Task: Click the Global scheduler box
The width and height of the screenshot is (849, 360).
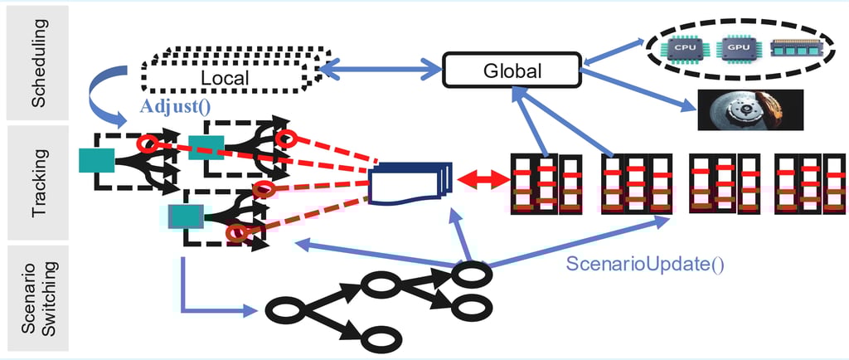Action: [x=512, y=71]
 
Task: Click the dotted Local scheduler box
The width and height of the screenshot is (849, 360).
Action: [x=226, y=77]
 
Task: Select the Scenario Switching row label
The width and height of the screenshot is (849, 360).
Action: [x=38, y=298]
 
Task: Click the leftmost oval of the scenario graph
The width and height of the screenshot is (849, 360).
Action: [x=284, y=313]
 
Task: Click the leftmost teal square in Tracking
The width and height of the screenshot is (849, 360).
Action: [x=96, y=159]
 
